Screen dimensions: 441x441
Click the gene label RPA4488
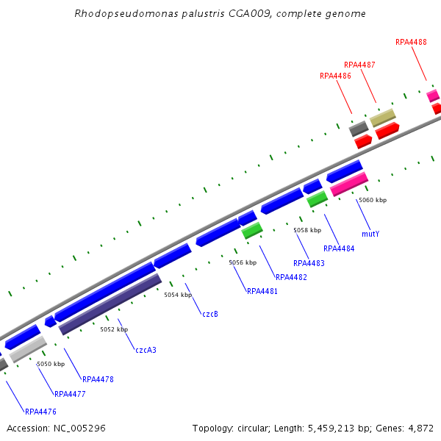(x=411, y=42)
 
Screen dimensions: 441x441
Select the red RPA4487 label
(x=359, y=65)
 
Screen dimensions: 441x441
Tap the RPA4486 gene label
(x=335, y=76)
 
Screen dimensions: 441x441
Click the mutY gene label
(x=370, y=234)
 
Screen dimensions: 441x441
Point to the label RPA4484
(x=339, y=248)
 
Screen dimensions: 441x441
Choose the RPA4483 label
(x=309, y=263)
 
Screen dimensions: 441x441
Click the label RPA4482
(x=291, y=277)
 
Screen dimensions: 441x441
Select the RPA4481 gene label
(x=262, y=291)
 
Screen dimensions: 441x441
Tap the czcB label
(x=210, y=314)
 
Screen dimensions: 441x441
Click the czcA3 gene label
(x=146, y=350)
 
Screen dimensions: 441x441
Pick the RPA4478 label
(x=98, y=379)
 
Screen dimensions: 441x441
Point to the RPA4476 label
(x=40, y=412)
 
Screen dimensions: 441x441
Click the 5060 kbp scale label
(x=373, y=200)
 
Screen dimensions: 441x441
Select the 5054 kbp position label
(x=177, y=295)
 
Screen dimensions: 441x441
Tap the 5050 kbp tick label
(x=51, y=364)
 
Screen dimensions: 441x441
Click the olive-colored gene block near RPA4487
(x=382, y=118)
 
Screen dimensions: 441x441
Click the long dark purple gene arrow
(x=110, y=304)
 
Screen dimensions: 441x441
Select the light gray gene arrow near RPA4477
(x=28, y=349)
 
